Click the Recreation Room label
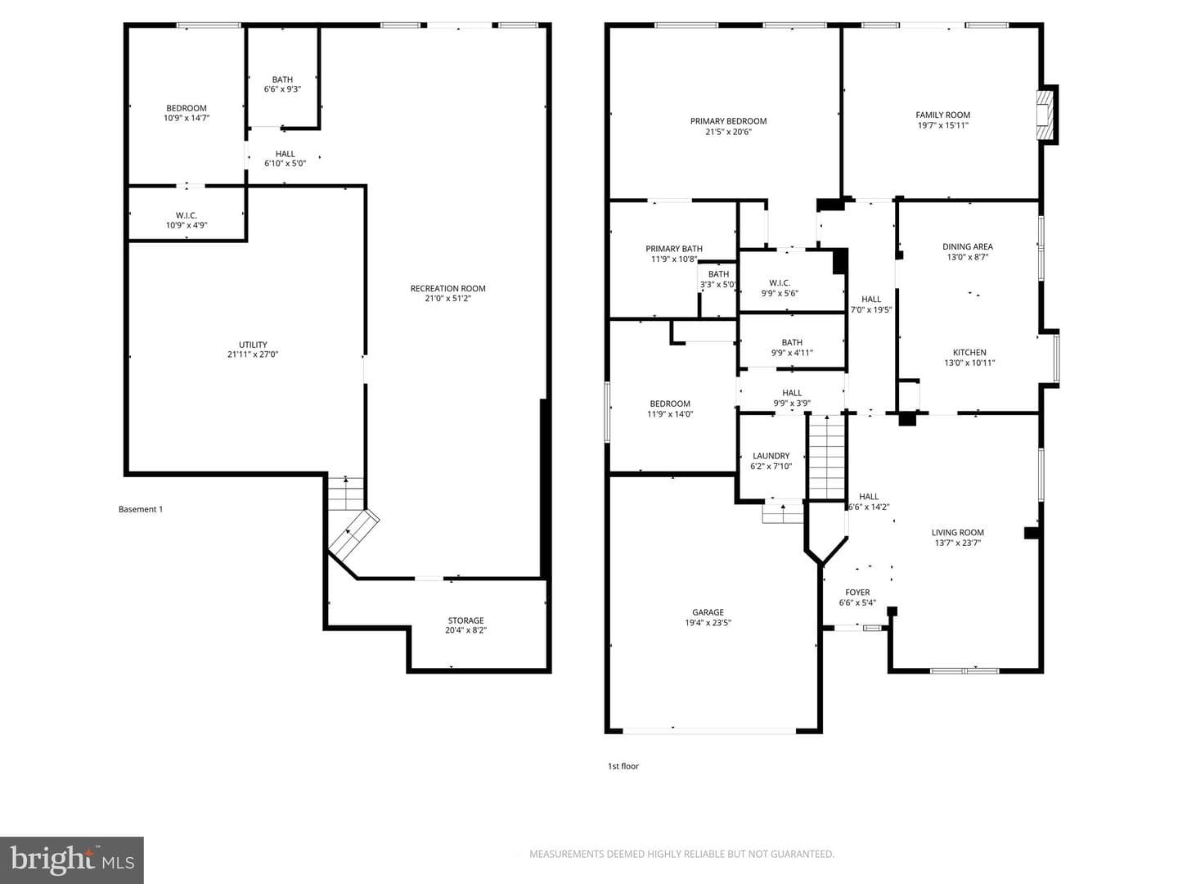tap(447, 288)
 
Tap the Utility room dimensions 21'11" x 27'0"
tap(253, 354)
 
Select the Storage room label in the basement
tap(465, 620)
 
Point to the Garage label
tap(708, 612)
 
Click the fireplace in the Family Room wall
tap(1045, 115)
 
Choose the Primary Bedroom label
tap(728, 121)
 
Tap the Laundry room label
tap(771, 456)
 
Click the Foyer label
tap(857, 593)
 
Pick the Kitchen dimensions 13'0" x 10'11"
tap(969, 363)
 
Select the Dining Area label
tap(968, 247)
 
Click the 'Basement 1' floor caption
tap(141, 509)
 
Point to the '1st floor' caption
tap(623, 766)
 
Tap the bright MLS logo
tap(72, 859)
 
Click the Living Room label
tap(958, 532)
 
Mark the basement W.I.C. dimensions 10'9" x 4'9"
tap(187, 225)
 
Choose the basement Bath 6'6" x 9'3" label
tap(282, 84)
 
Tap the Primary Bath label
tap(673, 249)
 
